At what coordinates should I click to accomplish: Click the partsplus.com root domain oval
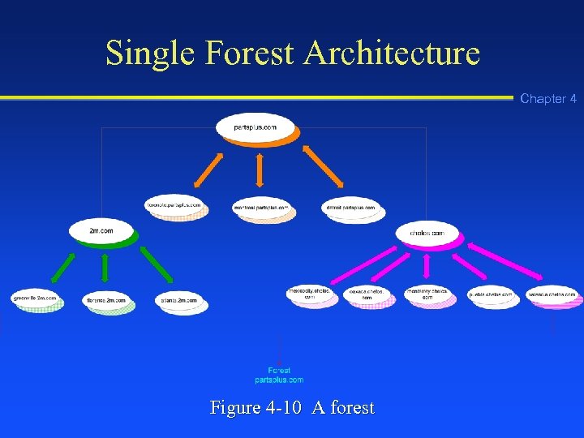[x=255, y=127]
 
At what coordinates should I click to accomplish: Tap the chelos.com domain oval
[x=427, y=234]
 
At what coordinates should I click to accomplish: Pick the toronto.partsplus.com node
[x=174, y=205]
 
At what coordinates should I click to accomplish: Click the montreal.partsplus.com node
[x=261, y=208]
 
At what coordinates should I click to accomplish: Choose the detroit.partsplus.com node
[x=350, y=208]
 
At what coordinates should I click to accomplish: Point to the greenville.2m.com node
[x=35, y=298]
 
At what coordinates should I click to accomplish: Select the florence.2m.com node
[x=106, y=300]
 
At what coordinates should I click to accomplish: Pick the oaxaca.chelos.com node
[x=367, y=294]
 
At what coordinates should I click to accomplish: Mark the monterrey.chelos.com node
[x=427, y=294]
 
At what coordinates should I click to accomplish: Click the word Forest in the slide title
[x=251, y=54]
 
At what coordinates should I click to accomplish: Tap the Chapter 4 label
[x=548, y=99]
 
